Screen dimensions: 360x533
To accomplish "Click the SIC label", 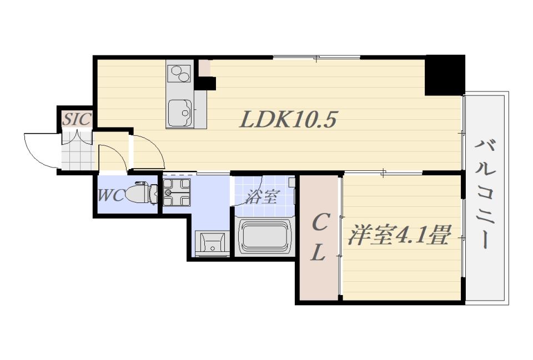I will coord(76,119).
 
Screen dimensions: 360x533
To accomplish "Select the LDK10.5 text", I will coord(288,119).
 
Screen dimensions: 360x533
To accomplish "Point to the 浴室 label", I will coord(261,196).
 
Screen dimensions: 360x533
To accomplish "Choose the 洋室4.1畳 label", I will coord(398,235).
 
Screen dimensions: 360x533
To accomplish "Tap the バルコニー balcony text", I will coord(485,195).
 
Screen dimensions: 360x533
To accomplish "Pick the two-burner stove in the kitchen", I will coord(179,73).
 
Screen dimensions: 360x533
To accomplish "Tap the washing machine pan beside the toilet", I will coord(177,193).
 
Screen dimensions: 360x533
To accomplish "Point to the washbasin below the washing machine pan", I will coord(211,244).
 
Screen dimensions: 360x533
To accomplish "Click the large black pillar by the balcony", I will coord(444,74).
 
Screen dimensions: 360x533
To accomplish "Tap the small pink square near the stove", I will coord(205,68).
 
